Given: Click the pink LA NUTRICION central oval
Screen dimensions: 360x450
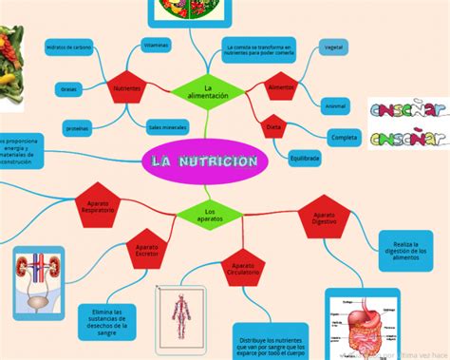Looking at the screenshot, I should coord(203,161).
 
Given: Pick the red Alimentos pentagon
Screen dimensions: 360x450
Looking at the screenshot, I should coord(281,86).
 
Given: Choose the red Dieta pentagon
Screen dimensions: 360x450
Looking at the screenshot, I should coord(273,125).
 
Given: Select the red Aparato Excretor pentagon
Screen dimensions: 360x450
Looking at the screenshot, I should coord(147,251).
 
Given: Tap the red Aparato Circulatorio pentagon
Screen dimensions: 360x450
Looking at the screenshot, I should coord(242,271).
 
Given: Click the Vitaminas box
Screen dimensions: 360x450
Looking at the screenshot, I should coord(156,45).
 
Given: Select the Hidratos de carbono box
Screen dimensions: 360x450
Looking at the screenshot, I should coord(68,46).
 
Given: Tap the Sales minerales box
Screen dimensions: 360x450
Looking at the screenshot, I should coord(167,125).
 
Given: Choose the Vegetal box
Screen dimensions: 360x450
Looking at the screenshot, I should coord(333,47).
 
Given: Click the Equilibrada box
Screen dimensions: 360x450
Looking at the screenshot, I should coord(305,158).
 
